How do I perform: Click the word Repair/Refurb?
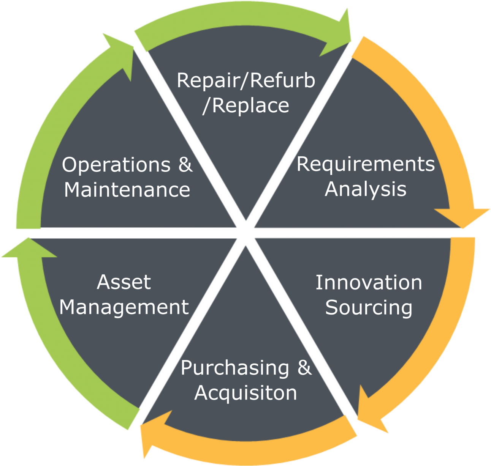tap(246, 80)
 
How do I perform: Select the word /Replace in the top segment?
tap(246, 105)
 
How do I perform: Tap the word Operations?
tap(116, 165)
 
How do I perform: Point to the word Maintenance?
tap(127, 190)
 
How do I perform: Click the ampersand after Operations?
tap(185, 165)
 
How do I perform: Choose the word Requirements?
tap(366, 165)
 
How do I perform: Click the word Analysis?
tap(366, 189)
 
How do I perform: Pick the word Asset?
tap(124, 282)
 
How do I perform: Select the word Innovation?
tap(369, 283)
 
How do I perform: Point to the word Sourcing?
tap(369, 307)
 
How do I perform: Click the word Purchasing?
tap(235, 368)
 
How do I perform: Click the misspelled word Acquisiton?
tap(246, 392)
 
